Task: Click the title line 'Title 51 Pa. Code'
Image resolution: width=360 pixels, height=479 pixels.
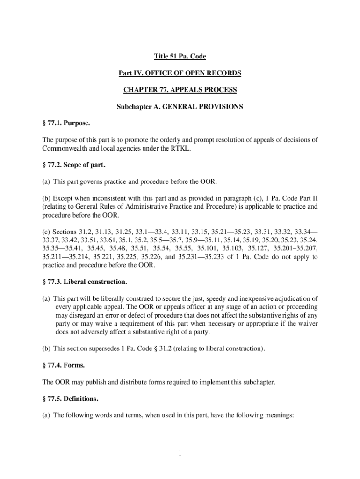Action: [x=180, y=57]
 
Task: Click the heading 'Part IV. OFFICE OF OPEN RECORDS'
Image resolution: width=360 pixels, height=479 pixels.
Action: [x=180, y=73]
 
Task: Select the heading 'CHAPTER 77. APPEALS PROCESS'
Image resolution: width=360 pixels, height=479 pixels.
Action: [x=180, y=90]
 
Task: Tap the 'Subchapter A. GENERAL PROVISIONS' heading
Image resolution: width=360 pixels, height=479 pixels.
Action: [x=180, y=107]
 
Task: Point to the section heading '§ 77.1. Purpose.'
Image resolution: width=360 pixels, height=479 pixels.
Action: [x=66, y=123]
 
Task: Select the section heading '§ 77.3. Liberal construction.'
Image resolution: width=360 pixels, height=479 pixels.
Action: [x=85, y=282]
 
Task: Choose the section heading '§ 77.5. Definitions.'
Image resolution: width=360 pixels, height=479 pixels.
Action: [x=71, y=399]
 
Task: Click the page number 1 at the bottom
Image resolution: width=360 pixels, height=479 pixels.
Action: [x=180, y=453]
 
